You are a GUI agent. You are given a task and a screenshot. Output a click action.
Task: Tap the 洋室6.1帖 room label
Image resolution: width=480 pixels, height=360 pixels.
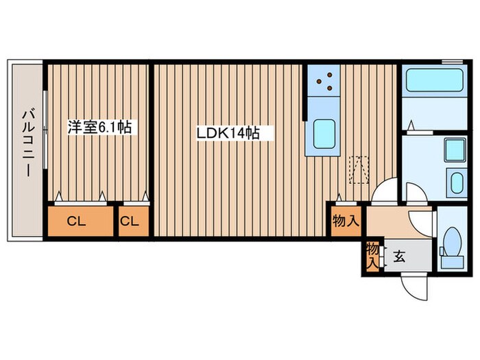click(x=99, y=127)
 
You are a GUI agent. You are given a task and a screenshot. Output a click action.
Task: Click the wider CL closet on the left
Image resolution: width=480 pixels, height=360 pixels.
click(x=81, y=221)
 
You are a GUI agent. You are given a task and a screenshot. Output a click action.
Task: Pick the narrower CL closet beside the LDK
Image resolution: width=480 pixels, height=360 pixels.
click(x=133, y=221)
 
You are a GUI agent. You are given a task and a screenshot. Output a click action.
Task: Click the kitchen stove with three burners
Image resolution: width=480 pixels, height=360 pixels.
click(x=324, y=82)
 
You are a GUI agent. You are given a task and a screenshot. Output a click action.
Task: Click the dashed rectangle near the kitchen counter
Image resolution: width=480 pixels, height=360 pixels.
click(x=359, y=170)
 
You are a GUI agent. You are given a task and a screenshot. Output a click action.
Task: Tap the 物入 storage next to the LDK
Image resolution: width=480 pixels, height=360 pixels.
click(x=345, y=221)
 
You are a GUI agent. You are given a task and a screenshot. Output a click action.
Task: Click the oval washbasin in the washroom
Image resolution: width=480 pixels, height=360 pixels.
click(x=455, y=182)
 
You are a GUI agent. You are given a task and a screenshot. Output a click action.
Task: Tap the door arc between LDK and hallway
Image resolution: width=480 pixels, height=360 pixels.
click(x=383, y=191)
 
